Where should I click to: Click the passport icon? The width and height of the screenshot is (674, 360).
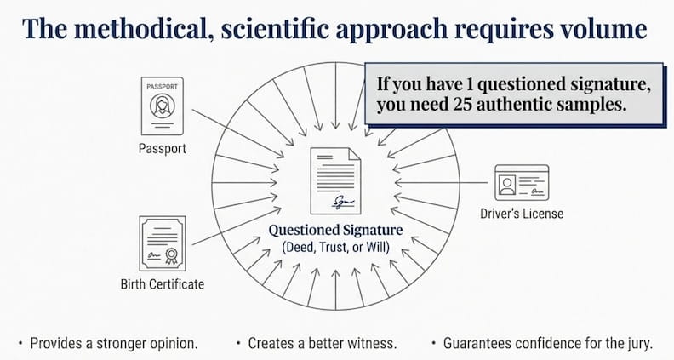pyautogui.click(x=162, y=106)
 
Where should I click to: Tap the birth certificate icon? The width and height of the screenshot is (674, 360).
pyautogui.click(x=163, y=243)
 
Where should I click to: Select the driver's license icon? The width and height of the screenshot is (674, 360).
pyautogui.click(x=522, y=183)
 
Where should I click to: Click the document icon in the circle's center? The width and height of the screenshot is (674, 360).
pyautogui.click(x=335, y=180)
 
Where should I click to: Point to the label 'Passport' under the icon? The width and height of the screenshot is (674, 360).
pyautogui.click(x=162, y=149)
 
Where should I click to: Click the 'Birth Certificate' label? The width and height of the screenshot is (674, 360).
pyautogui.click(x=163, y=284)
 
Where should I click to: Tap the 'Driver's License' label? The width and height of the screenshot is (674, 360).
pyautogui.click(x=522, y=214)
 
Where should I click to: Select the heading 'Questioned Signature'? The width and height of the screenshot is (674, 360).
pyautogui.click(x=335, y=230)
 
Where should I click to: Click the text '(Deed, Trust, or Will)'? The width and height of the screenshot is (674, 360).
pyautogui.click(x=335, y=248)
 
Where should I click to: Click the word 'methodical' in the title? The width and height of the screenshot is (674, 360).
pyautogui.click(x=140, y=28)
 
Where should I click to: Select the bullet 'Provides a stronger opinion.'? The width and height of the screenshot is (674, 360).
pyautogui.click(x=109, y=343)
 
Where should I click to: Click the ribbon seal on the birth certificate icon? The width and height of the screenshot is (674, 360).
pyautogui.click(x=171, y=255)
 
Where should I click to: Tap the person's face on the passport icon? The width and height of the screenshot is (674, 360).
pyautogui.click(x=163, y=102)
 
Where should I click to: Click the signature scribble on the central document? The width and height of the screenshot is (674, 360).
pyautogui.click(x=343, y=203)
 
